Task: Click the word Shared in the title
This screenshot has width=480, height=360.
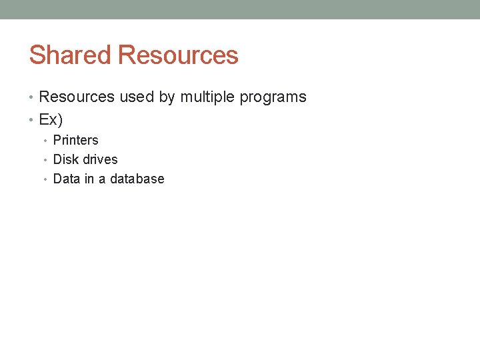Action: [x=71, y=55]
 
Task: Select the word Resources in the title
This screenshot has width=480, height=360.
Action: [x=178, y=55]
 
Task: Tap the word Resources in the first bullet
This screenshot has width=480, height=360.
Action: [x=77, y=97]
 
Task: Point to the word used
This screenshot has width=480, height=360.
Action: [x=137, y=97]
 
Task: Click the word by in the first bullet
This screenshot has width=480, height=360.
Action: [x=167, y=98]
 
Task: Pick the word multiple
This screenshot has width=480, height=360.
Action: [x=207, y=98]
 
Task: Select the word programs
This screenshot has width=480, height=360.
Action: [x=273, y=98]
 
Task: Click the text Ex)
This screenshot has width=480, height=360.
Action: [x=51, y=120]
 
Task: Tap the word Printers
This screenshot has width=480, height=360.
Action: [x=75, y=140]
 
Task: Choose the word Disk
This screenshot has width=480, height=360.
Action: [x=65, y=159]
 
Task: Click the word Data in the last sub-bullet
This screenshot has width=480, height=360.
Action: [x=66, y=179]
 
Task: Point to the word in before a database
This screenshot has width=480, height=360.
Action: [x=89, y=179]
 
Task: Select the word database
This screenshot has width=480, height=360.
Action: [x=137, y=179]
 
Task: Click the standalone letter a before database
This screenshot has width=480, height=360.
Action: [x=102, y=179]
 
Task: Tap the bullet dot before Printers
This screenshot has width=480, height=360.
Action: [x=45, y=141]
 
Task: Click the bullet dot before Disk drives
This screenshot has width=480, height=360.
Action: [x=45, y=160]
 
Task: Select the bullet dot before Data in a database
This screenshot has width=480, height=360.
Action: [x=45, y=179]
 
